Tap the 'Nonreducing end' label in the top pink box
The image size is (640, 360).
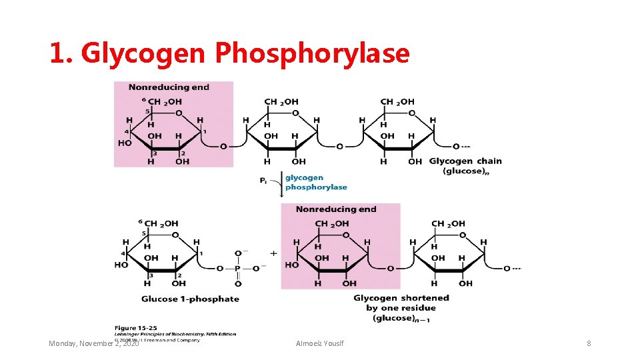(169, 87)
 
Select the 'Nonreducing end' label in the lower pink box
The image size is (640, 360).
(336, 209)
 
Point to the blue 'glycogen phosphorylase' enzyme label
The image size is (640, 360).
(316, 183)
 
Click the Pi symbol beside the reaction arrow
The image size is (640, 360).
(264, 180)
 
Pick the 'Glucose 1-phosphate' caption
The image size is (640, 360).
(190, 299)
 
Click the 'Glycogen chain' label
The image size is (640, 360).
(465, 161)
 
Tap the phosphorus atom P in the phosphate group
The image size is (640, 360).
(238, 269)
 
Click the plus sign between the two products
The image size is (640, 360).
(273, 253)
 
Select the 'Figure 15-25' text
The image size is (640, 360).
(135, 327)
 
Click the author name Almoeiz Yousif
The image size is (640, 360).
(320, 343)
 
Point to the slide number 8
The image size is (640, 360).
(589, 343)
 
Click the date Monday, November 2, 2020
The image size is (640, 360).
(94, 343)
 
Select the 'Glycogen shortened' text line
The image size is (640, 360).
(401, 298)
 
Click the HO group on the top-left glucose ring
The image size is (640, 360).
(125, 143)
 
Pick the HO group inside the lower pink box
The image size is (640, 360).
(291, 265)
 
